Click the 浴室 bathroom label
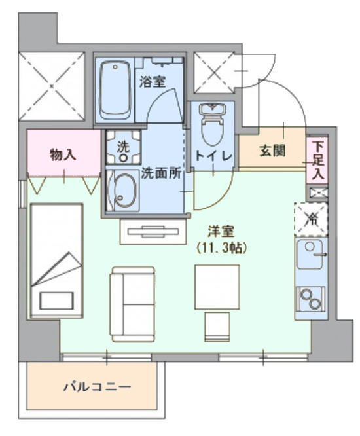point(153,82)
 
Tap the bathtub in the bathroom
point(115,90)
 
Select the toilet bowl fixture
point(213,124)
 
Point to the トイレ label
point(213,156)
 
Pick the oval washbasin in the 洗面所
point(125,191)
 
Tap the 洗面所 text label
point(161,173)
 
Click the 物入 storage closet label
point(63,154)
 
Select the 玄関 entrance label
point(272,152)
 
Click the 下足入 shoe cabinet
point(317,160)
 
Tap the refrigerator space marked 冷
point(312,220)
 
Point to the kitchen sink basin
point(310,254)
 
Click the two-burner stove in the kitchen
point(310,299)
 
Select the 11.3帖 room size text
point(221,248)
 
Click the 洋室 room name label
point(221,231)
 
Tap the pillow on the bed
point(57,300)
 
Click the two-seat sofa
point(133,304)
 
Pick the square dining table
point(217,287)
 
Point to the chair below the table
point(217,327)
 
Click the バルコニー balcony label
point(98,387)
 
